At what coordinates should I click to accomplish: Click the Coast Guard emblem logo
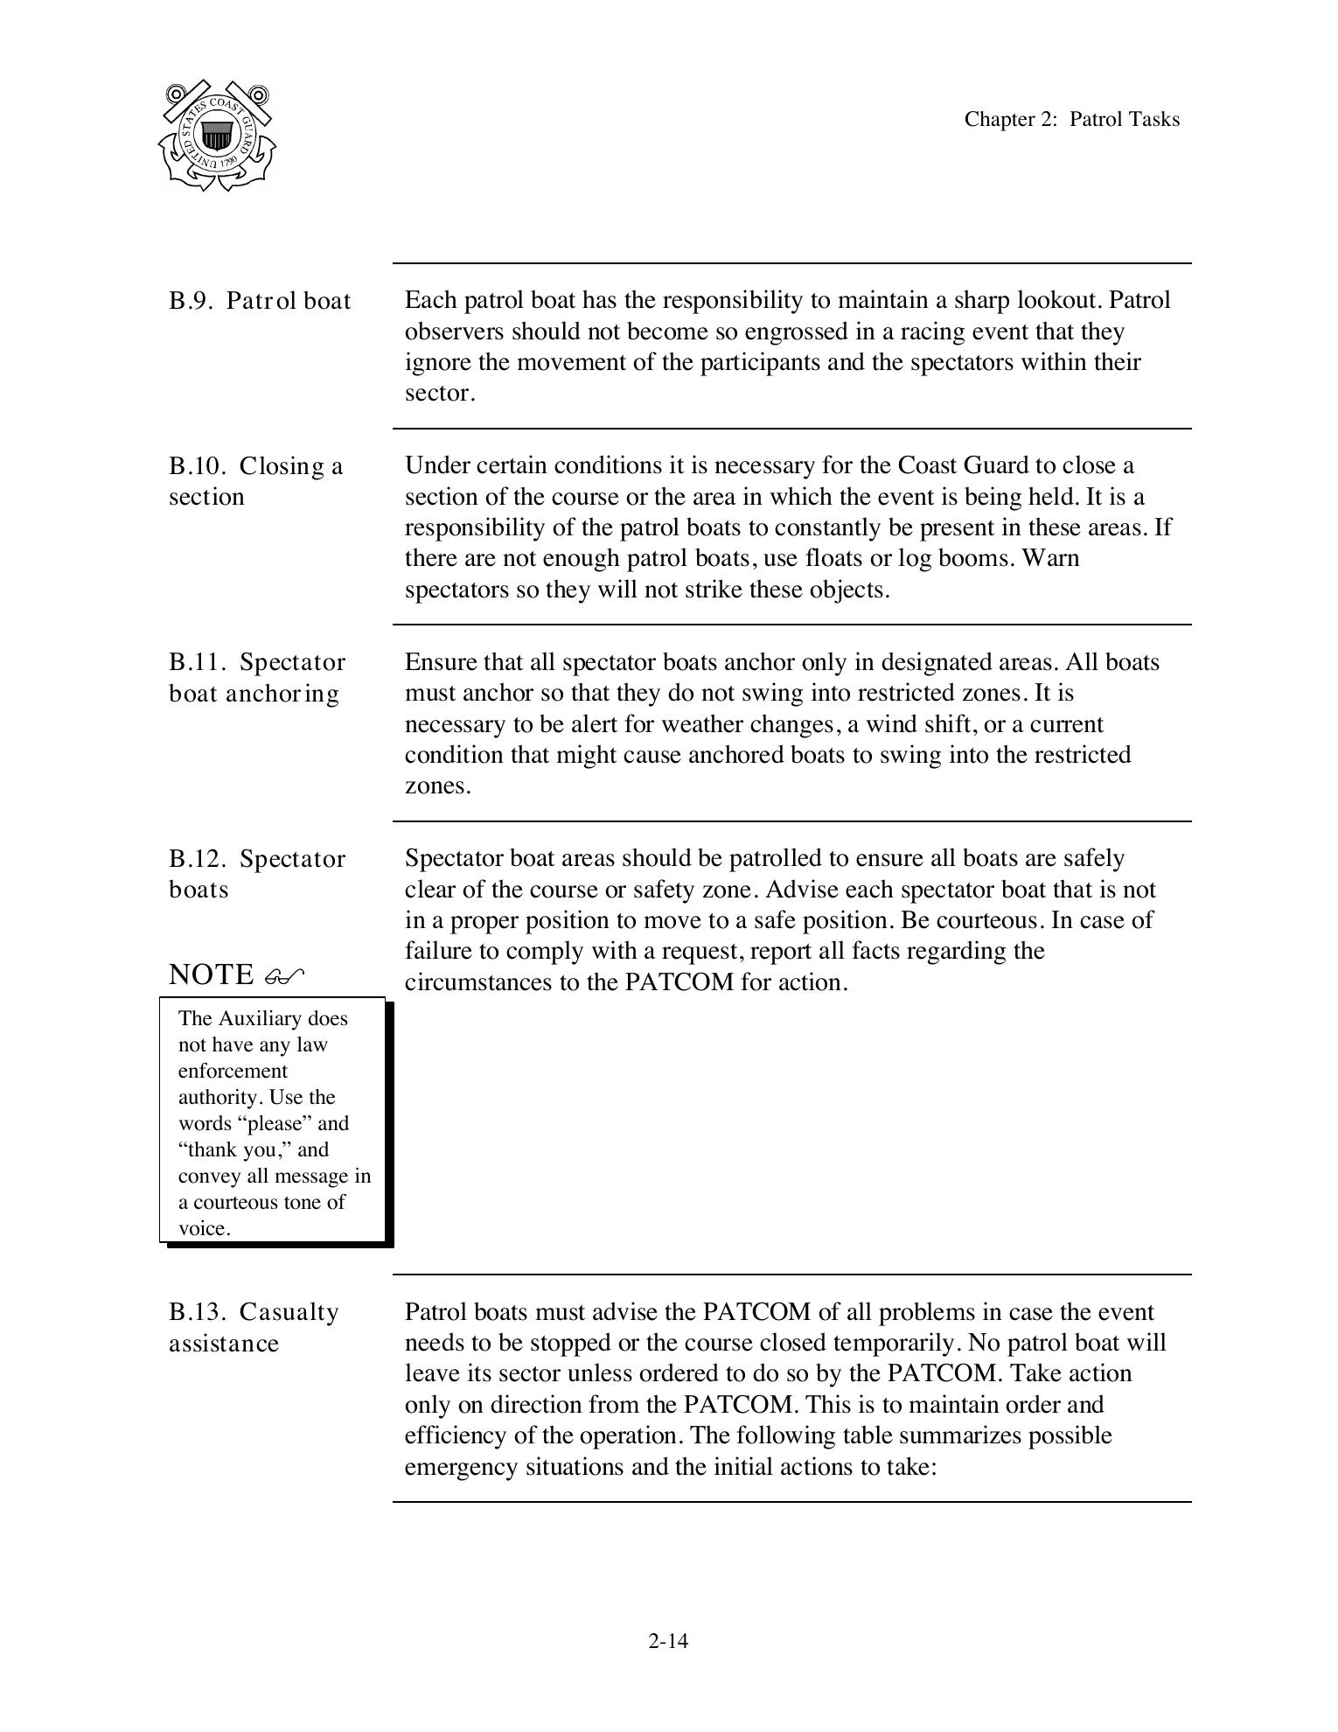click(x=217, y=136)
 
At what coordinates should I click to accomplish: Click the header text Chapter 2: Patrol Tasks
click(x=1071, y=120)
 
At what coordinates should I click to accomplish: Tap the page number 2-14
click(x=668, y=1641)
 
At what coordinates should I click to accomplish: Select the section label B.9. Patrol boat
click(x=260, y=301)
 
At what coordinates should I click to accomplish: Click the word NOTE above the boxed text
click(x=211, y=974)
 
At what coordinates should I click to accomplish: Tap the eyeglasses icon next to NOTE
click(x=284, y=975)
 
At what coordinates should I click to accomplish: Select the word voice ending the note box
click(x=203, y=1228)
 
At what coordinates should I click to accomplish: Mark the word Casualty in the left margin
click(x=289, y=1312)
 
